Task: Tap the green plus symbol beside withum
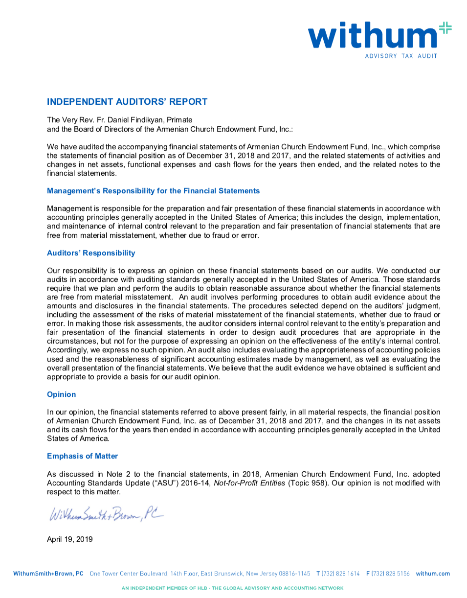point(445,28)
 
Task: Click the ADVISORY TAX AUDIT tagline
point(401,56)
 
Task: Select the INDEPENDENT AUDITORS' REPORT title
point(127,102)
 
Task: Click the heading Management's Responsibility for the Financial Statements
point(153,191)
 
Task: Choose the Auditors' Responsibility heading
point(91,253)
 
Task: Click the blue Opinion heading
point(62,394)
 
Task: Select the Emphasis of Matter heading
point(82,456)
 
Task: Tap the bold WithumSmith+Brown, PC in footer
point(48,574)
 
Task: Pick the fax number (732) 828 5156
point(390,574)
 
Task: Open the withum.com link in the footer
point(433,574)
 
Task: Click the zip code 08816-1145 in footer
point(294,574)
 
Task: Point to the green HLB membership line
point(233,588)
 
